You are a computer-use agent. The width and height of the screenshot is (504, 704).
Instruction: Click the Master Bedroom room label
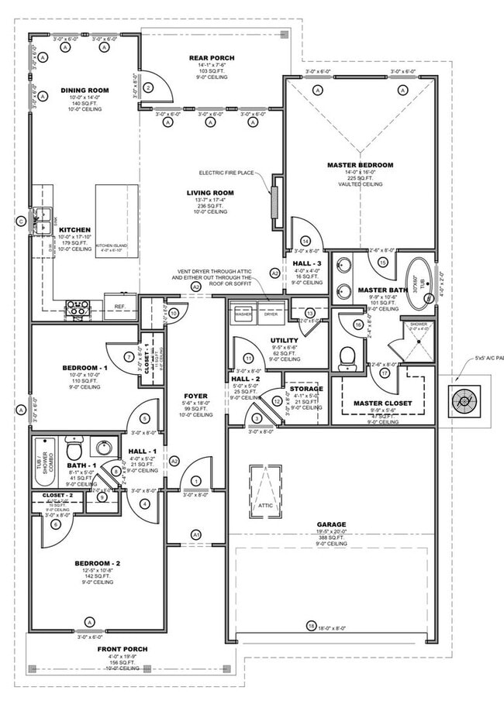tap(360, 165)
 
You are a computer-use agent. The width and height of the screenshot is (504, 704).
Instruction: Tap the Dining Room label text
tap(85, 91)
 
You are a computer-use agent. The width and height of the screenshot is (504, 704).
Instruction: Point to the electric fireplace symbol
tap(274, 202)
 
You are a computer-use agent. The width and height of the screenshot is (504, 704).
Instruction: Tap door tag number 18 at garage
tap(311, 626)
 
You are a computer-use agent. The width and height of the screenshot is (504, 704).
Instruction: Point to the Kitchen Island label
tap(116, 246)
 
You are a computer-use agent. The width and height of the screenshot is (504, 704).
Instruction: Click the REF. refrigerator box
tap(119, 307)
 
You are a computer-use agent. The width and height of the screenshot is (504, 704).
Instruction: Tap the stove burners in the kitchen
tap(78, 307)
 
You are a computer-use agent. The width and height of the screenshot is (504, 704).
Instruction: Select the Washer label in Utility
tap(243, 314)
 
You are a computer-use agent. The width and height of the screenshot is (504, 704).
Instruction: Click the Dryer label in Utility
tap(271, 314)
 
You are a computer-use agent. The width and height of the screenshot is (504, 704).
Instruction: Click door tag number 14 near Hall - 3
tap(306, 241)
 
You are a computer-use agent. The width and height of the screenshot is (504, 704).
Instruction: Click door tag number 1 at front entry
tap(196, 481)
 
